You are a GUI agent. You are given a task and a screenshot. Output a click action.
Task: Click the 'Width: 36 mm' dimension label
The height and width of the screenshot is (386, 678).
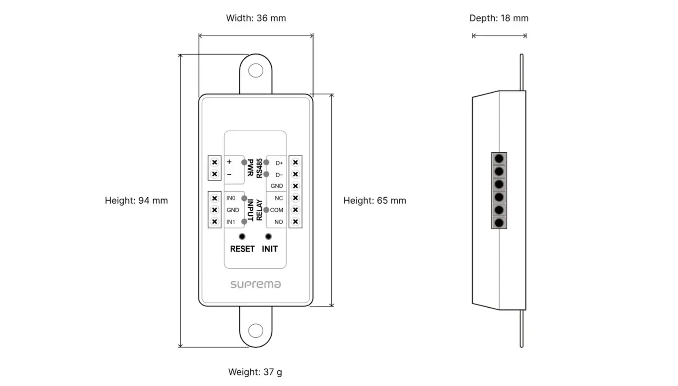tap(256, 18)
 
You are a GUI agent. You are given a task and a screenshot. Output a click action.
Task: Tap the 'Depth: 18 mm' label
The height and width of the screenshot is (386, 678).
tap(499, 18)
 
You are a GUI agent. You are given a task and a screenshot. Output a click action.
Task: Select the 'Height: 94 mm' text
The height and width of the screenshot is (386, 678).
tap(136, 200)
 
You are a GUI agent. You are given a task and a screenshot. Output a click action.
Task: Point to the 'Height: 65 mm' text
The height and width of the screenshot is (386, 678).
tap(375, 200)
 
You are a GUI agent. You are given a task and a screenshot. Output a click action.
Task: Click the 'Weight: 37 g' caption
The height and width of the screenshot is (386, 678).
tap(255, 372)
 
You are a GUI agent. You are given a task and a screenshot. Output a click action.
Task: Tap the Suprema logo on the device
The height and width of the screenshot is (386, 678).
tap(256, 284)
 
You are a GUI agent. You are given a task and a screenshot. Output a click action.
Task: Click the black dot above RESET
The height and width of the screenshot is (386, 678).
tap(242, 236)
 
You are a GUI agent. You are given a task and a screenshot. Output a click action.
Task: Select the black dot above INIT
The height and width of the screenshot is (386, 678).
tap(268, 236)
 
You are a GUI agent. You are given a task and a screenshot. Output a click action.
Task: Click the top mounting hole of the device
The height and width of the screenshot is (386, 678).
tap(256, 70)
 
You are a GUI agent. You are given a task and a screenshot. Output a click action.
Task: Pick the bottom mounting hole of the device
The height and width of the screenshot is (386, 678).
tap(256, 330)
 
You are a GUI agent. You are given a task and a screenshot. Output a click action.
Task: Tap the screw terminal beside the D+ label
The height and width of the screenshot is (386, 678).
tap(295, 162)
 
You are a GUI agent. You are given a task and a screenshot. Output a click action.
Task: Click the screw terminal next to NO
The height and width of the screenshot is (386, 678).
tap(295, 221)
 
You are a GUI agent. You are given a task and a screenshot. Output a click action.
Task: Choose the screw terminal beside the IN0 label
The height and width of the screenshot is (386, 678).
tap(215, 198)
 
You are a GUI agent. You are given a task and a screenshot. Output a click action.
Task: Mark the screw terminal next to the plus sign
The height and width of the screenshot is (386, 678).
tap(215, 162)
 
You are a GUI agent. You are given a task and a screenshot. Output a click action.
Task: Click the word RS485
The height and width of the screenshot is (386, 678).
tap(259, 168)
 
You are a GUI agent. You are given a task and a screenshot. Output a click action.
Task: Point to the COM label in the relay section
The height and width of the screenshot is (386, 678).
tap(276, 210)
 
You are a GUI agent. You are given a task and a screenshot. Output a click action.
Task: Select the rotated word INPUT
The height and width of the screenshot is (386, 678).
tap(250, 210)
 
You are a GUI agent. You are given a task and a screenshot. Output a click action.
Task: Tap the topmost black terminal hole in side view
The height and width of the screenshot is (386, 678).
tap(499, 158)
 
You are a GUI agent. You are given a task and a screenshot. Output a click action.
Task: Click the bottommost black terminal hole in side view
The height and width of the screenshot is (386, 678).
tap(499, 223)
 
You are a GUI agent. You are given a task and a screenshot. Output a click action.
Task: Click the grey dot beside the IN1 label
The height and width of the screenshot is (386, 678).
tap(244, 222)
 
